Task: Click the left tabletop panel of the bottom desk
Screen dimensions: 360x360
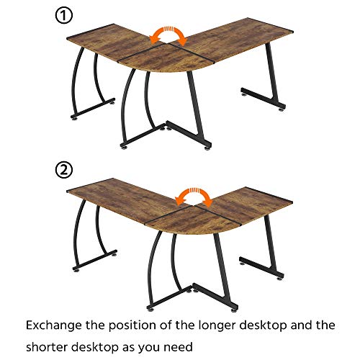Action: [115, 198]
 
